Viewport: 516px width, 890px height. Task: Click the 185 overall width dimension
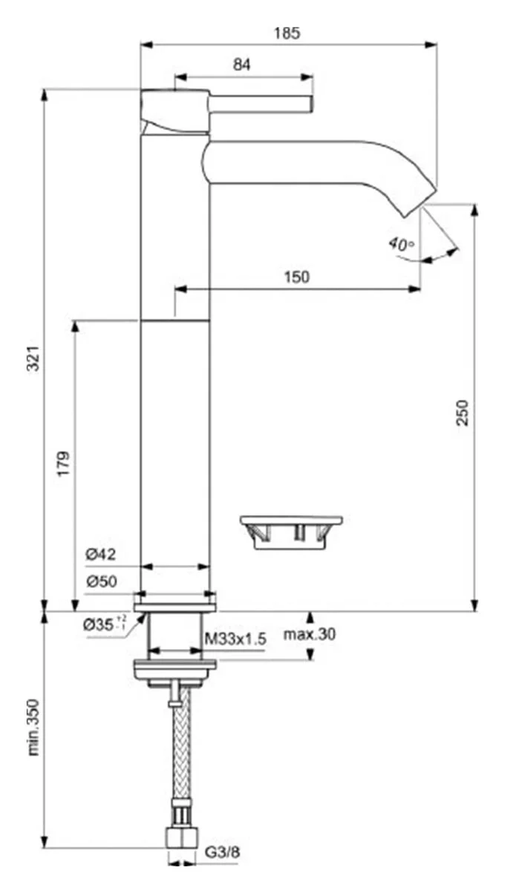(x=287, y=33)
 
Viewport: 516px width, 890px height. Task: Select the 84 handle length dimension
(x=242, y=65)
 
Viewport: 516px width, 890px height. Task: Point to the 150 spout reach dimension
(x=296, y=277)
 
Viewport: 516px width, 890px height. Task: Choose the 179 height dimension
(x=65, y=464)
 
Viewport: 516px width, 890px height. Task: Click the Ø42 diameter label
(x=101, y=554)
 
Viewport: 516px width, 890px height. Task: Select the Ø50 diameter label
(x=101, y=582)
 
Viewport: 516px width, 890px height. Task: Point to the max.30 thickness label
(x=310, y=634)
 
